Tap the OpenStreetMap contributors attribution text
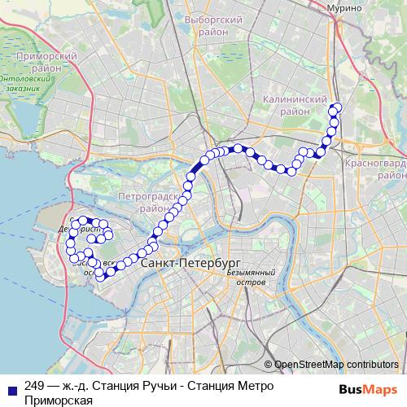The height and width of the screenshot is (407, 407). [336, 364]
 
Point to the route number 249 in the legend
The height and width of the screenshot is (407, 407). [34, 386]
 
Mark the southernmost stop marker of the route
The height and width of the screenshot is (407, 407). [101, 278]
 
